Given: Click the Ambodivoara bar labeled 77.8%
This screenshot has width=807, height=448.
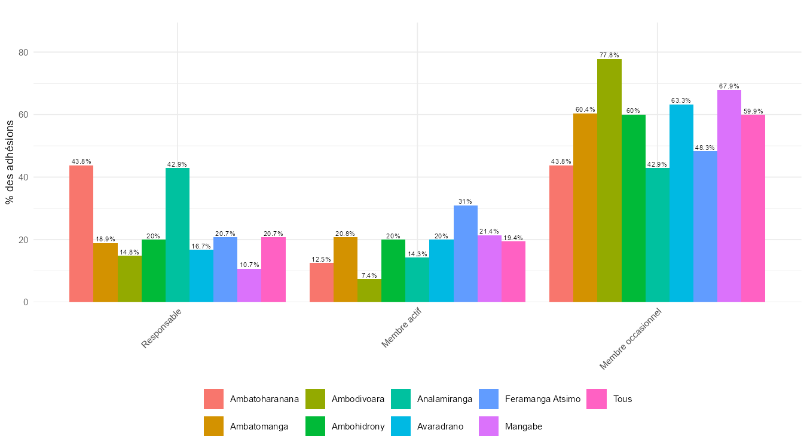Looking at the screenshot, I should [x=609, y=180].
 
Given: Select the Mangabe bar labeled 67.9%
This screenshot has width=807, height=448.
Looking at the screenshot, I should [x=729, y=196].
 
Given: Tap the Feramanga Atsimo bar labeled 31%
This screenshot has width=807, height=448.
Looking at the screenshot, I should [x=466, y=253].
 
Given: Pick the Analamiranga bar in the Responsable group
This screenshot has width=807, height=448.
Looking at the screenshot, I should [x=178, y=235].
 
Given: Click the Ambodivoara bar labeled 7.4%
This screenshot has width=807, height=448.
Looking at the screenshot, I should [x=369, y=290].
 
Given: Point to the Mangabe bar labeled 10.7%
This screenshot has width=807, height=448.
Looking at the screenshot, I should [x=249, y=286].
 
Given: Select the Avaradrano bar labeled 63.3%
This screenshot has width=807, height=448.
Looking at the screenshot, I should [x=681, y=203].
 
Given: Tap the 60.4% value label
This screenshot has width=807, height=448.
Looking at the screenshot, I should [x=585, y=109].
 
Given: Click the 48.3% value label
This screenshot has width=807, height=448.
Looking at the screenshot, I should [x=705, y=148].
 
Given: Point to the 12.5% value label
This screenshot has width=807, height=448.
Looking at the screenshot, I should [x=321, y=259].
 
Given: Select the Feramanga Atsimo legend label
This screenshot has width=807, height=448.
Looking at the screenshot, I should [x=542, y=399].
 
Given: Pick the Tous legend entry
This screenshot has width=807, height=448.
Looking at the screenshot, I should [x=622, y=399].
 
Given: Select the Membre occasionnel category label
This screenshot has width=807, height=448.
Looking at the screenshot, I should [x=631, y=339].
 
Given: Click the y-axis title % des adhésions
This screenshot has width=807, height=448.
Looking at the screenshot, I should [x=10, y=161].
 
